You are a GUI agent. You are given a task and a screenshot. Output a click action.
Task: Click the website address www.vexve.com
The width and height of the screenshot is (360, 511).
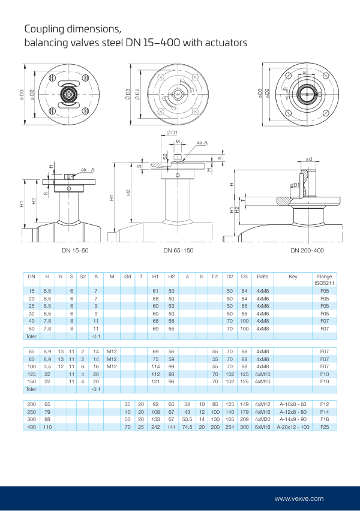point(299,498)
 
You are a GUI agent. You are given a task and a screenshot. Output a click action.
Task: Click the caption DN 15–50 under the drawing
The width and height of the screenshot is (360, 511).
point(75,250)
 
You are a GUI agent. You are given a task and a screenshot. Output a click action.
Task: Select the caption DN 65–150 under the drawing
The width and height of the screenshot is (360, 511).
point(178,250)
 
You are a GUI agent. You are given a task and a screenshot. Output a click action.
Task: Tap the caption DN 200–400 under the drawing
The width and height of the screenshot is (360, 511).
point(307,250)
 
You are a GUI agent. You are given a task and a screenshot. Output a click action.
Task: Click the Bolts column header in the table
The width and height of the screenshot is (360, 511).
point(262,276)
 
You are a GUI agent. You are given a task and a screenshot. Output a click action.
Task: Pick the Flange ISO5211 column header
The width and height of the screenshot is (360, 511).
point(324,279)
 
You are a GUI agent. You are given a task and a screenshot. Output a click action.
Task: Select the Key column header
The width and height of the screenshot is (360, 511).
point(293,276)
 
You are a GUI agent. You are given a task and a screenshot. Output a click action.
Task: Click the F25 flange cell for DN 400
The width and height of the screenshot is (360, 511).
point(324,426)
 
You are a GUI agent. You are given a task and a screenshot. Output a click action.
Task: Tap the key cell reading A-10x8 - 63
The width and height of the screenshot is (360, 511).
point(293,405)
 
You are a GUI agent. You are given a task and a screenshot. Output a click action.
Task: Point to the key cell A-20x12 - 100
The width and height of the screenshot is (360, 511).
point(293,426)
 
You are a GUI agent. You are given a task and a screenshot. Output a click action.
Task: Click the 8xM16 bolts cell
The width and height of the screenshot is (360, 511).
point(262,426)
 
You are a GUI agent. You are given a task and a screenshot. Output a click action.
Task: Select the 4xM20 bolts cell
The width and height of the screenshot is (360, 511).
point(262,419)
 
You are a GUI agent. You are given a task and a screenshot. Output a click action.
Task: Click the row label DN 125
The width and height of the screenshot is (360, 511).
point(32,374)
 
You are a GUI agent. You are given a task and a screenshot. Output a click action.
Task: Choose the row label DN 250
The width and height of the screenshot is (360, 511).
point(32,412)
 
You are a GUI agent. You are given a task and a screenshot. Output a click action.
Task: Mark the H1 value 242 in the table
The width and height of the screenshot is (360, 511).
point(155,426)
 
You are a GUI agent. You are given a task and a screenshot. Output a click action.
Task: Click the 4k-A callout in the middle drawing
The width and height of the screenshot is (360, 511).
point(202,143)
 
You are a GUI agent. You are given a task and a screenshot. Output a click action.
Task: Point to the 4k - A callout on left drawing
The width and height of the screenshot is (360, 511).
point(87,170)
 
